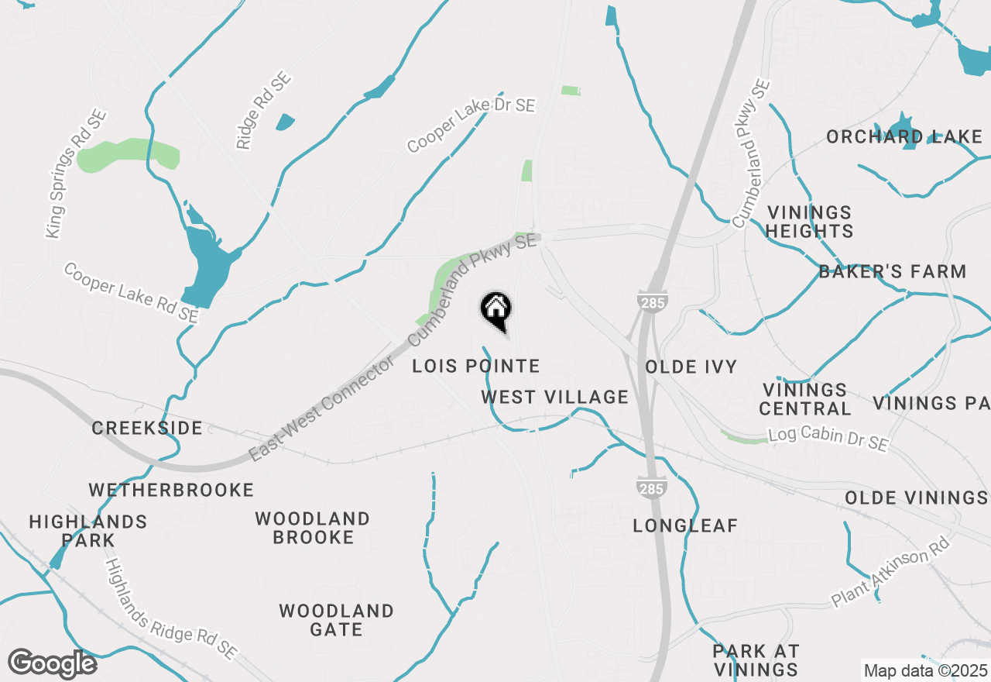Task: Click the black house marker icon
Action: click(x=495, y=311)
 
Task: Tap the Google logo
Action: click(x=52, y=663)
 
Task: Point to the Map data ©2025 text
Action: click(x=925, y=670)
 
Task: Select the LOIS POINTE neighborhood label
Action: click(x=475, y=366)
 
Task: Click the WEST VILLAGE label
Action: click(x=554, y=398)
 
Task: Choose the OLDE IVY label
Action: click(x=691, y=367)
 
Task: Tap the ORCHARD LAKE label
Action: click(x=904, y=137)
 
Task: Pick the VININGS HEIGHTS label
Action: click(x=810, y=222)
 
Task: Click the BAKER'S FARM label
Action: click(x=892, y=272)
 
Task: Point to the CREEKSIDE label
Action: click(x=147, y=429)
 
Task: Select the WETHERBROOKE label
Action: click(x=171, y=490)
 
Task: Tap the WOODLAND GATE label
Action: click(x=336, y=620)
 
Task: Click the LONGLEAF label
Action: click(x=685, y=526)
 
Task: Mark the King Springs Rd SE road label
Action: click(x=75, y=174)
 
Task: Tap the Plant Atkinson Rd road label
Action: click(x=890, y=574)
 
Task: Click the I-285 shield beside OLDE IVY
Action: click(x=653, y=301)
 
